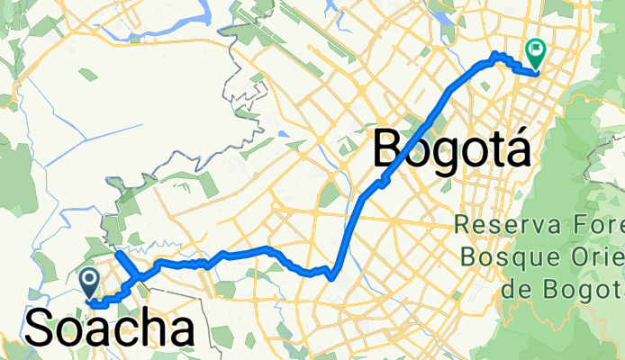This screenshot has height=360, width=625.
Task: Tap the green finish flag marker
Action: click(537, 54)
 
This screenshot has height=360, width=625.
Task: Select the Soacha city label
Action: click(109, 328)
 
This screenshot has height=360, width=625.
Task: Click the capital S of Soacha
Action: click(42, 328)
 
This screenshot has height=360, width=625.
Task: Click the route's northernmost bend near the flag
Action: click(494, 58)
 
